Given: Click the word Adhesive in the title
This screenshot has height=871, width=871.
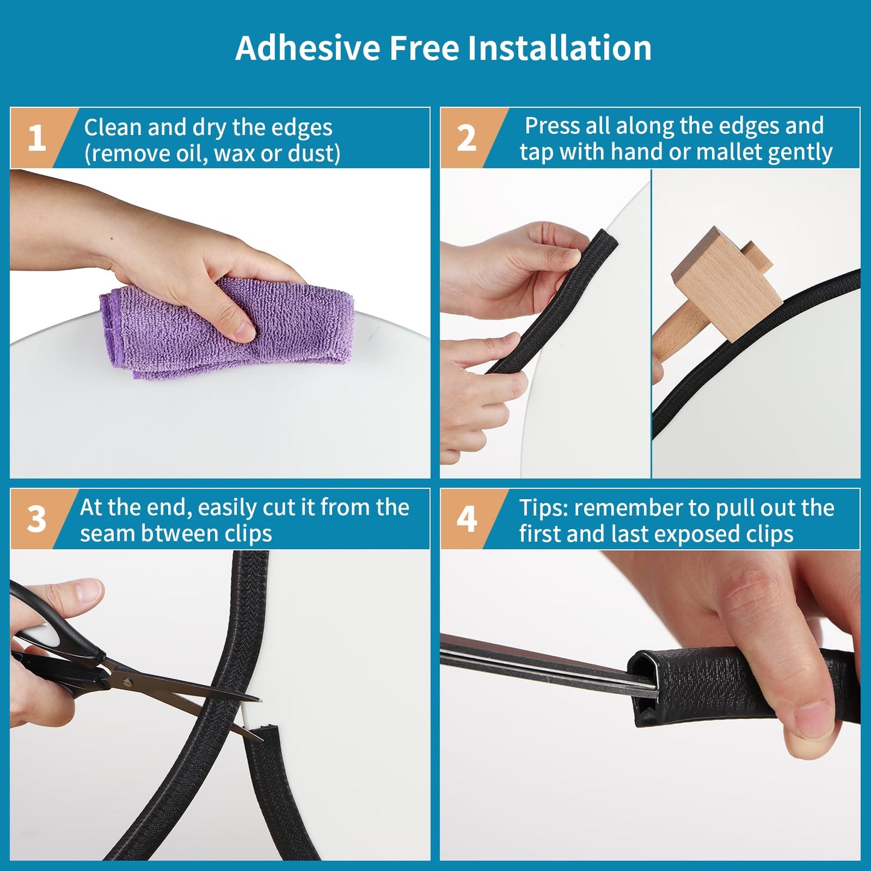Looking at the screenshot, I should [307, 48].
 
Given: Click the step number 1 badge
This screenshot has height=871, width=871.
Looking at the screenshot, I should [37, 138].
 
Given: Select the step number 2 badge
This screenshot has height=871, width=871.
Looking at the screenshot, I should [467, 138].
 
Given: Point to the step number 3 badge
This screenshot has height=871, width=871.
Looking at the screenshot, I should [37, 518].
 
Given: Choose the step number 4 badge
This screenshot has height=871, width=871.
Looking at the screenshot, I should [467, 518].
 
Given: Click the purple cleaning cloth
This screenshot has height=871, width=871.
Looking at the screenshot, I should [229, 329].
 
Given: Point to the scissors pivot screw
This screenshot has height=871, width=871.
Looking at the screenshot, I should [127, 682].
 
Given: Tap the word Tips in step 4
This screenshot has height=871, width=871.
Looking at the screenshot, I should [543, 508].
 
